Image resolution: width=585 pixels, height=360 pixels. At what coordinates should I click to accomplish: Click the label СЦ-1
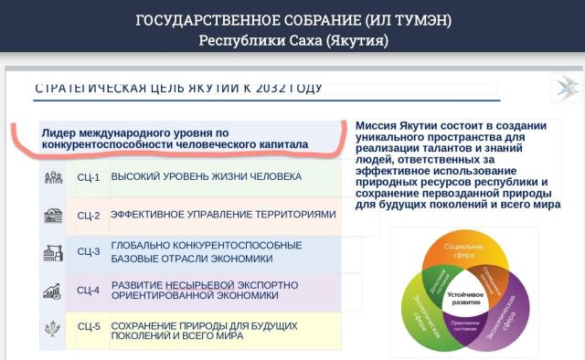(x=89, y=177)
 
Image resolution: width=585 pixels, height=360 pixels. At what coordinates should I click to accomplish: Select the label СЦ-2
(x=89, y=215)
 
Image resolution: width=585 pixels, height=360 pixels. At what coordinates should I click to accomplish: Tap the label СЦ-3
(x=89, y=251)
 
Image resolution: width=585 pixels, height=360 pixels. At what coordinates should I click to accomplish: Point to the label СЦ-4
(x=89, y=291)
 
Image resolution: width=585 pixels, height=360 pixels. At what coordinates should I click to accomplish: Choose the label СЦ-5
(x=89, y=326)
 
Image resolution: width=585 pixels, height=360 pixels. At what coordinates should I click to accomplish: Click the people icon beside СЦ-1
(x=52, y=177)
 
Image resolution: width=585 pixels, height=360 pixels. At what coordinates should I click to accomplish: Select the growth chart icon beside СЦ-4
(x=52, y=291)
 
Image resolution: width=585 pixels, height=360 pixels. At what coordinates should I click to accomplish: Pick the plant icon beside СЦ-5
(x=52, y=326)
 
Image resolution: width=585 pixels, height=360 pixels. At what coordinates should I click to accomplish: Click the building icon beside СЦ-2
(x=52, y=216)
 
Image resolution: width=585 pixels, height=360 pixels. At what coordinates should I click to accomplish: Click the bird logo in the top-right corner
(x=565, y=90)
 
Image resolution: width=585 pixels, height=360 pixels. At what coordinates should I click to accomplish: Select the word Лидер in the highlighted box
(x=61, y=132)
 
